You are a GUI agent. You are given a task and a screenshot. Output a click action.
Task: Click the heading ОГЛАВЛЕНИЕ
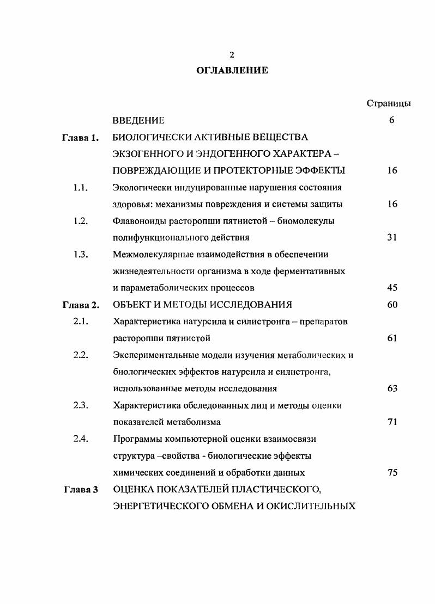pos(232,70)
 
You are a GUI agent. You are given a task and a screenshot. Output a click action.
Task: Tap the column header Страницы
pos(389,103)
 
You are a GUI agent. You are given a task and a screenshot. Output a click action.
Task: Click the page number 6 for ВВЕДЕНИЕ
pos(391,120)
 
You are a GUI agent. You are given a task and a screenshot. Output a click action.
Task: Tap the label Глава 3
pos(80,489)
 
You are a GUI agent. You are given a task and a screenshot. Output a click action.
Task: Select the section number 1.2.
pos(81,221)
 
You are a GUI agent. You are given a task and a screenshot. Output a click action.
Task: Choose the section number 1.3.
pos(81,254)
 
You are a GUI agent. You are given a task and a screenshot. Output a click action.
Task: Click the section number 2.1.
pos(81,321)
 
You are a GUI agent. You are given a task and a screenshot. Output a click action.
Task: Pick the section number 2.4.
pos(81,439)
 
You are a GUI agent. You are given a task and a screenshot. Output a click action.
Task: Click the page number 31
pos(392,237)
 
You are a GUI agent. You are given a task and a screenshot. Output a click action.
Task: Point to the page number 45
pos(392,288)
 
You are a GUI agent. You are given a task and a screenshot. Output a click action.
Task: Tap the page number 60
pos(392,305)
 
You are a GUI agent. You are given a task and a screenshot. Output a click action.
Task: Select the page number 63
pos(392,389)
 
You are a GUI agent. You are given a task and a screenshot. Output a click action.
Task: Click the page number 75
pos(392,473)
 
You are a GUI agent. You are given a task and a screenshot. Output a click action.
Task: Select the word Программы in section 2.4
pos(136,439)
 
